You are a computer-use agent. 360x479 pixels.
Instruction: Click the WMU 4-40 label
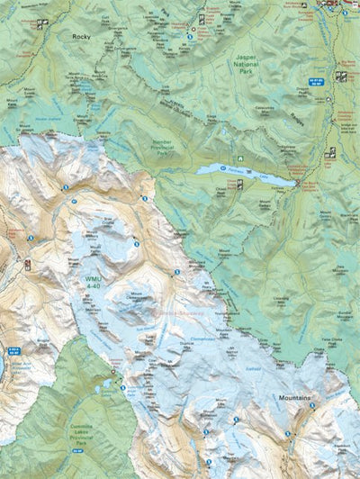tap(95, 283)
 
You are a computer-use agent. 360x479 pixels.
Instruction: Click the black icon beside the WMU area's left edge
tap(29, 265)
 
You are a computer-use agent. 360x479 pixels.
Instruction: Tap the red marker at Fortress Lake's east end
tap(296, 183)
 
